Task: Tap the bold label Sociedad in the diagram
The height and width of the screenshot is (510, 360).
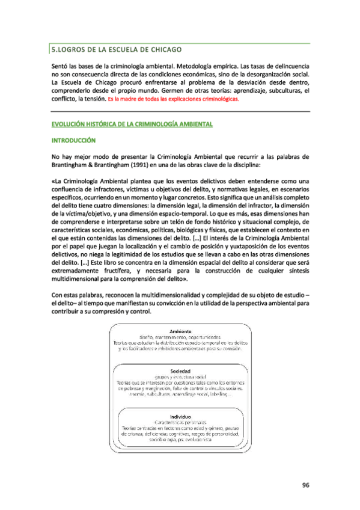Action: tap(180, 371)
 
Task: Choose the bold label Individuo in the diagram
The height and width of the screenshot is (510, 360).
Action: tap(180, 416)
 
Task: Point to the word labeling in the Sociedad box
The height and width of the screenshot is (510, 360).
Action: tap(227, 394)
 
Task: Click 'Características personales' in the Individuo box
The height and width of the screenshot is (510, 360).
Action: tap(180, 423)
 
